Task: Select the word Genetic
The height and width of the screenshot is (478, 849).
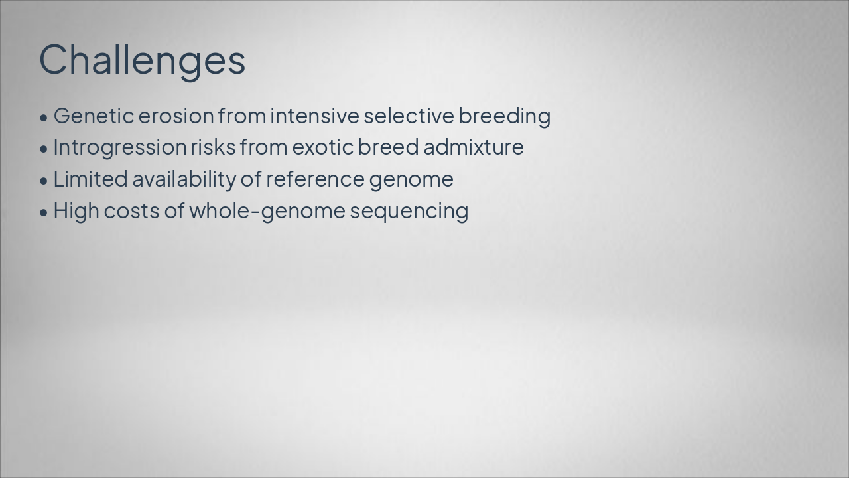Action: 94,116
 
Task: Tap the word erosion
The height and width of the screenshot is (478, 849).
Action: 176,116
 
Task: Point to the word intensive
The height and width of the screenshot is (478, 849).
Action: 314,116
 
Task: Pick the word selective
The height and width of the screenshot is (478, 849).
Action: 409,116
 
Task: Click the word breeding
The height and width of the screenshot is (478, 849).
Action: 505,117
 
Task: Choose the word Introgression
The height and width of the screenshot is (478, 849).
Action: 120,148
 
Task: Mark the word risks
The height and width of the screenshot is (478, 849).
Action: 213,147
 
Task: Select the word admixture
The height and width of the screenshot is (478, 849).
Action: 474,147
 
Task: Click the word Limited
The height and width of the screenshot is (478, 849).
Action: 91,179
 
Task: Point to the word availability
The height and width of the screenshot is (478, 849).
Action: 184,180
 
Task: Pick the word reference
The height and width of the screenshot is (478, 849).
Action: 315,179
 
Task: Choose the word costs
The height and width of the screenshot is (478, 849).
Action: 131,211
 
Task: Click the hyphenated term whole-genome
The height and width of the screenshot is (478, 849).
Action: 267,212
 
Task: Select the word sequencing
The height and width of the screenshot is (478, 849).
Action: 409,212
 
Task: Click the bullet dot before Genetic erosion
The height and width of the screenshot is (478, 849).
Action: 44,118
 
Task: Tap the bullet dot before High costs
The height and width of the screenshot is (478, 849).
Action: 44,213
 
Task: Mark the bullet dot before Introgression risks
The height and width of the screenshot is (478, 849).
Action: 44,149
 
